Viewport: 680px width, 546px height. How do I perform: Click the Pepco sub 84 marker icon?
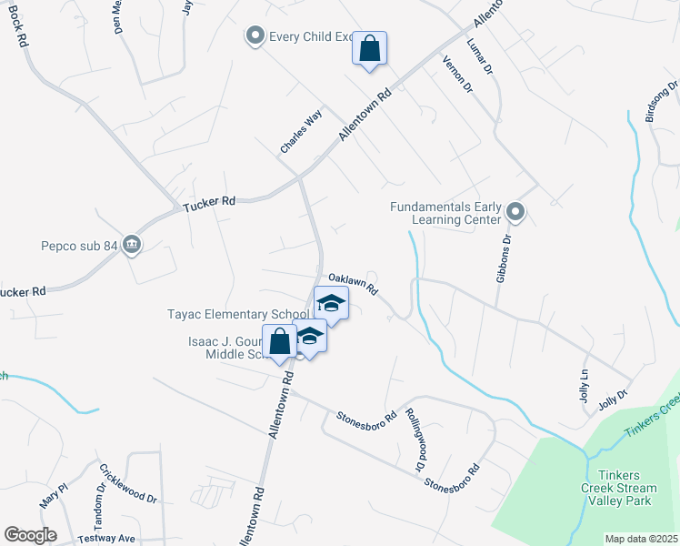132,244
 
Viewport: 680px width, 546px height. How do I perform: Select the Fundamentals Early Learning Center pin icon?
515,213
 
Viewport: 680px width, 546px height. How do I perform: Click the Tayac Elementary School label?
238,314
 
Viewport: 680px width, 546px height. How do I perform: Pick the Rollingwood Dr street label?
415,438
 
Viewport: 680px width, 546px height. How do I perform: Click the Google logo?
30,535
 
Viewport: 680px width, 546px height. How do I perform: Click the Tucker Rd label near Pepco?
209,201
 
